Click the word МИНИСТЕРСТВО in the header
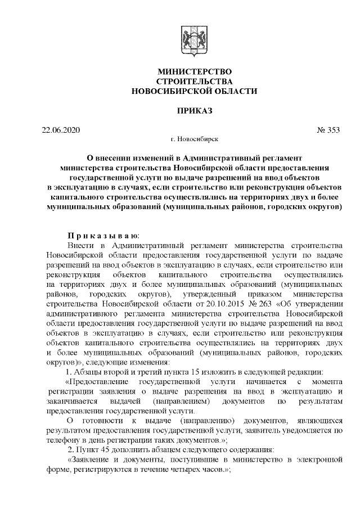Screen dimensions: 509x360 click(194, 72)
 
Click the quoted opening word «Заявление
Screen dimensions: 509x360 click(92, 460)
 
